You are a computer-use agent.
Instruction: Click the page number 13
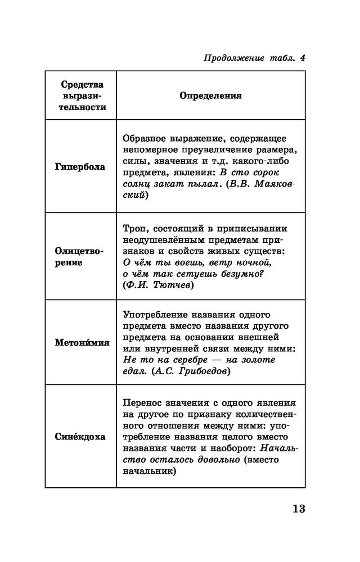coord(298,510)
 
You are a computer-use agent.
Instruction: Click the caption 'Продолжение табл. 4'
coord(251,57)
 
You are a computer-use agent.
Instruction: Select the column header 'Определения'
coord(210,96)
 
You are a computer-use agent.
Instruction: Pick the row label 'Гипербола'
coord(80,167)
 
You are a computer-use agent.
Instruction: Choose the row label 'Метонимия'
coord(82,342)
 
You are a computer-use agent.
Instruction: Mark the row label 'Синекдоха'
coord(80,437)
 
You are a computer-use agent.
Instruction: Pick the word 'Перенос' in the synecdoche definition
coord(141,403)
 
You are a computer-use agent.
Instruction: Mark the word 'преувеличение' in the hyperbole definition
coord(217,149)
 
